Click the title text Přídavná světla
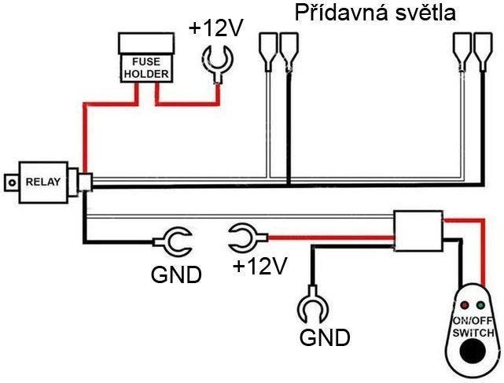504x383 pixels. coord(373,13)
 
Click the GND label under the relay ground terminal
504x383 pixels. coord(176,275)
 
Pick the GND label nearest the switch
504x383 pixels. coord(325,338)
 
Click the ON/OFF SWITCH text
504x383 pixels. coord(472,326)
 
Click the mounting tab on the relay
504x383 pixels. coord(10,182)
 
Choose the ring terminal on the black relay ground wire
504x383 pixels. coord(175,240)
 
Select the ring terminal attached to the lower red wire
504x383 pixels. coord(243,234)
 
